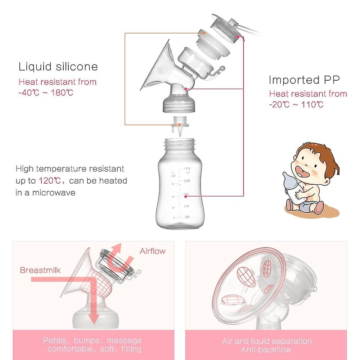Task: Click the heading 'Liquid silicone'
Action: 58,67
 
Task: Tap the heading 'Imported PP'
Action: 304,80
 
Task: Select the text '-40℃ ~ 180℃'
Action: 46,93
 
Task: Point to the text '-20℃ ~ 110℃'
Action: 296,105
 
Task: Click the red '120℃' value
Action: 49,181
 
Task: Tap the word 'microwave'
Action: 54,193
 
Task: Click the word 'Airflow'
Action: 152,251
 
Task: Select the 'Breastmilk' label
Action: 40,270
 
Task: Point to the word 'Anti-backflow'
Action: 266,350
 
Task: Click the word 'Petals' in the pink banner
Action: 55,341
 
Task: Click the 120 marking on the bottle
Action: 187,181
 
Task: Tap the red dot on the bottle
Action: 185,196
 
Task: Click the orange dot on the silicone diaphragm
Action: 204,33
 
